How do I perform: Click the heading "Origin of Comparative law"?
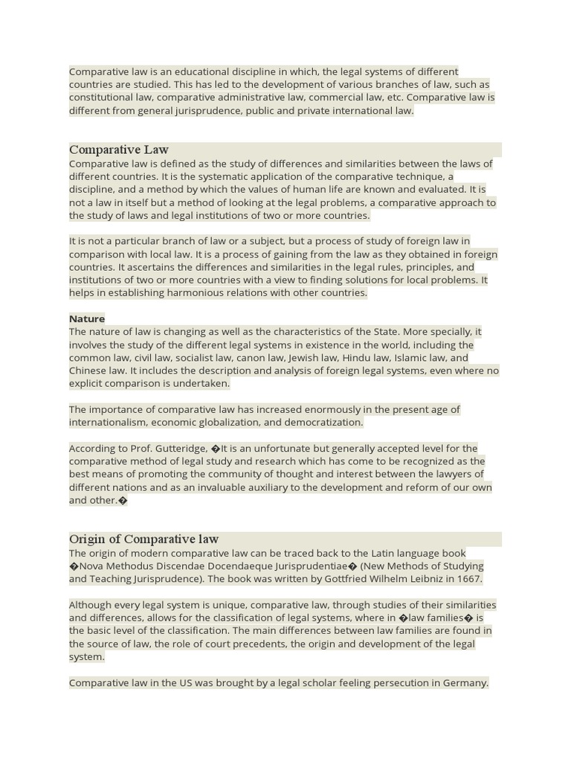(143, 539)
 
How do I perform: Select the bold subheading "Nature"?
(87, 318)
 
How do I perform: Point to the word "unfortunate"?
(283, 448)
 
